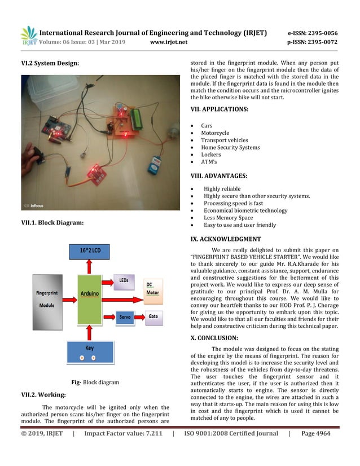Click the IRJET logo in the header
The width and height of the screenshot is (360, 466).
[x=29, y=36]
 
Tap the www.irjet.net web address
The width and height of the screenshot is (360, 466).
[x=171, y=42]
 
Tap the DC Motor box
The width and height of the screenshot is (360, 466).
[x=153, y=288]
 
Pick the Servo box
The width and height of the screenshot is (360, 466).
[x=125, y=317]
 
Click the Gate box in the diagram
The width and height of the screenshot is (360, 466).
[x=153, y=316]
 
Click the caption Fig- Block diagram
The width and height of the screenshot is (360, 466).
[x=95, y=382]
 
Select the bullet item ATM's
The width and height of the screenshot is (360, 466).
[x=209, y=162]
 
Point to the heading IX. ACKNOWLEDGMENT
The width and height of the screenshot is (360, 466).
[x=226, y=239]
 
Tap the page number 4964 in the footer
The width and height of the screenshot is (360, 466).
[x=323, y=433]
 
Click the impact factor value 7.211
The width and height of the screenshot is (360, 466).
[x=152, y=433]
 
